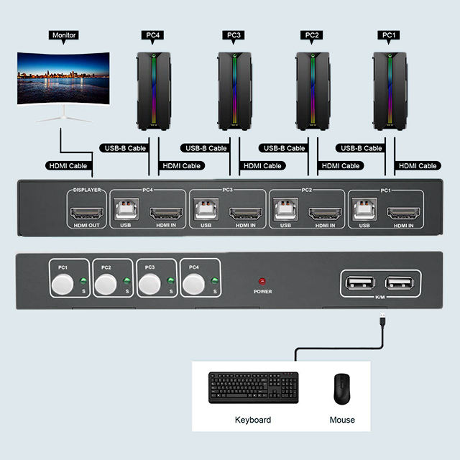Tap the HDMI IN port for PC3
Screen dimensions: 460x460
pos(244,213)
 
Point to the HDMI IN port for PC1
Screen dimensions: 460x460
pos(402,213)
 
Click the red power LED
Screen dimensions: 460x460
pos(262,281)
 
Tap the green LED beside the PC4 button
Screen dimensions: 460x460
pos(213,282)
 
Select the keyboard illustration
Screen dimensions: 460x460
pos(253,388)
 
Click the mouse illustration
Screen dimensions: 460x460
pos(341,389)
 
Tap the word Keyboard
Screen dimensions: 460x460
pos(253,420)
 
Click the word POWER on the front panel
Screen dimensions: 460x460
pos(262,292)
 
